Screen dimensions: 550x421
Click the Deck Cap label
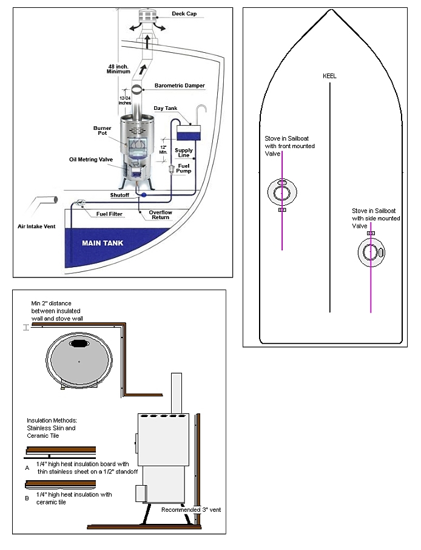(189, 13)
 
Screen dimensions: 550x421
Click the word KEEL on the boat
(329, 76)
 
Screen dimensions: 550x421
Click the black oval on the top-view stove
(79, 344)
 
